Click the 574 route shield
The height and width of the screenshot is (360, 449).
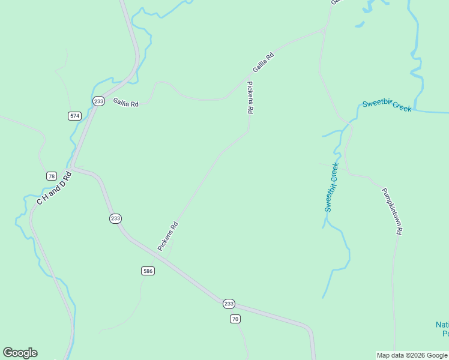pyautogui.click(x=74, y=116)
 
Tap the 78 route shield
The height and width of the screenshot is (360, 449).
pyautogui.click(x=52, y=176)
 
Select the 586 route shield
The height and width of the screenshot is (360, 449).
pyautogui.click(x=148, y=271)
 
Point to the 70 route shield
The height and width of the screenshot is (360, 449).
pyautogui.click(x=235, y=319)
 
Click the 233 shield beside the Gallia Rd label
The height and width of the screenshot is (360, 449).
pyautogui.click(x=99, y=101)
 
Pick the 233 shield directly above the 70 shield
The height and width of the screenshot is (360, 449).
pyautogui.click(x=229, y=304)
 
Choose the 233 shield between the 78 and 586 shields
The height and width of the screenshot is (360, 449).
pyautogui.click(x=116, y=218)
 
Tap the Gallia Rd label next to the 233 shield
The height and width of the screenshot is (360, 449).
pyautogui.click(x=125, y=103)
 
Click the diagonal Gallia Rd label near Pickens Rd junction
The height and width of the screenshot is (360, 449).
pyautogui.click(x=263, y=63)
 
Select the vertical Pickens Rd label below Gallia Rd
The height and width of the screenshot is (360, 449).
pyautogui.click(x=250, y=98)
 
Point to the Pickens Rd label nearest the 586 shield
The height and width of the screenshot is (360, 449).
pyautogui.click(x=168, y=236)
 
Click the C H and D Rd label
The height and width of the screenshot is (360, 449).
pyautogui.click(x=54, y=188)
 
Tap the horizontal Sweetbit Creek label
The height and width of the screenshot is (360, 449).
pyautogui.click(x=387, y=106)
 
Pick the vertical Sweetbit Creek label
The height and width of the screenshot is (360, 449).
pyautogui.click(x=331, y=187)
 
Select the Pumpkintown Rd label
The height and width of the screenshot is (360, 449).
pyautogui.click(x=393, y=211)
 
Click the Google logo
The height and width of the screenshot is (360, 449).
pyautogui.click(x=20, y=353)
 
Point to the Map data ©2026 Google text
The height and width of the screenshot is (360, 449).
pyautogui.click(x=412, y=355)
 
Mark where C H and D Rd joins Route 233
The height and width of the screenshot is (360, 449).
pyautogui.click(x=72, y=166)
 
